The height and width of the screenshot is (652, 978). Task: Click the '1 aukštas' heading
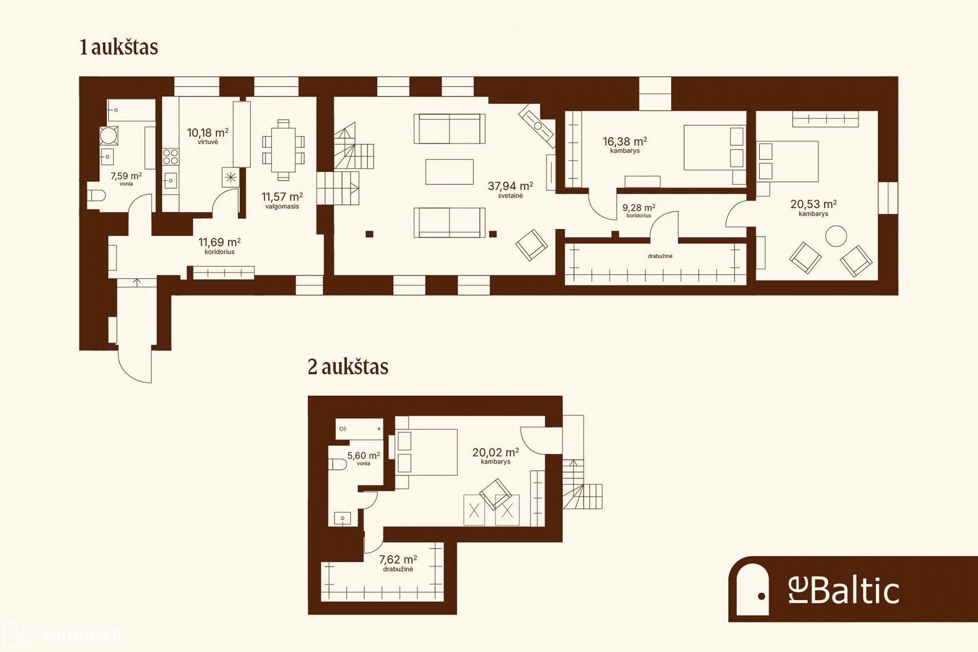(x=119, y=47)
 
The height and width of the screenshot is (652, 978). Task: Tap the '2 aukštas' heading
(x=348, y=367)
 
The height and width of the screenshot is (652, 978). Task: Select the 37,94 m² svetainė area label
(x=510, y=190)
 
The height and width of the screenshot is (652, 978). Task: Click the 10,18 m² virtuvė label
(x=207, y=136)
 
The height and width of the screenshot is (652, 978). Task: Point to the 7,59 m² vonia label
(x=126, y=179)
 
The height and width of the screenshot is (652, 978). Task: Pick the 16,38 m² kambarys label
(x=625, y=145)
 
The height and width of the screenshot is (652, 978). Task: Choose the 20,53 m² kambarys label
(x=813, y=208)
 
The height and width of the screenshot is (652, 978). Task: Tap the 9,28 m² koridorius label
(x=639, y=210)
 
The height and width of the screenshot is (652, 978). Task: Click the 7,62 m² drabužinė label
(x=398, y=563)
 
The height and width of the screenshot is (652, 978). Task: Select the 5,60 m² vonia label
(x=363, y=458)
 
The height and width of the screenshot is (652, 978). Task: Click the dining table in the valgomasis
(x=283, y=150)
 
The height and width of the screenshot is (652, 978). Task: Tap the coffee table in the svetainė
(x=449, y=172)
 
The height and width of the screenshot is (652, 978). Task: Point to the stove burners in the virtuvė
(x=171, y=156)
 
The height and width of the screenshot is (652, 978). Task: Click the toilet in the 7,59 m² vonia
(x=96, y=196)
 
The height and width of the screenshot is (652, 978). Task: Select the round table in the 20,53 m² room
(x=836, y=237)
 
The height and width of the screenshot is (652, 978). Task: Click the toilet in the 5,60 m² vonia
(x=337, y=465)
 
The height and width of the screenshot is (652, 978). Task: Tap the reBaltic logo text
(x=844, y=591)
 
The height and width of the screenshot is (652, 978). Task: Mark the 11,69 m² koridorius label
(x=220, y=245)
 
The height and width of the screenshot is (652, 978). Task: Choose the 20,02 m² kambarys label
(x=495, y=456)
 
